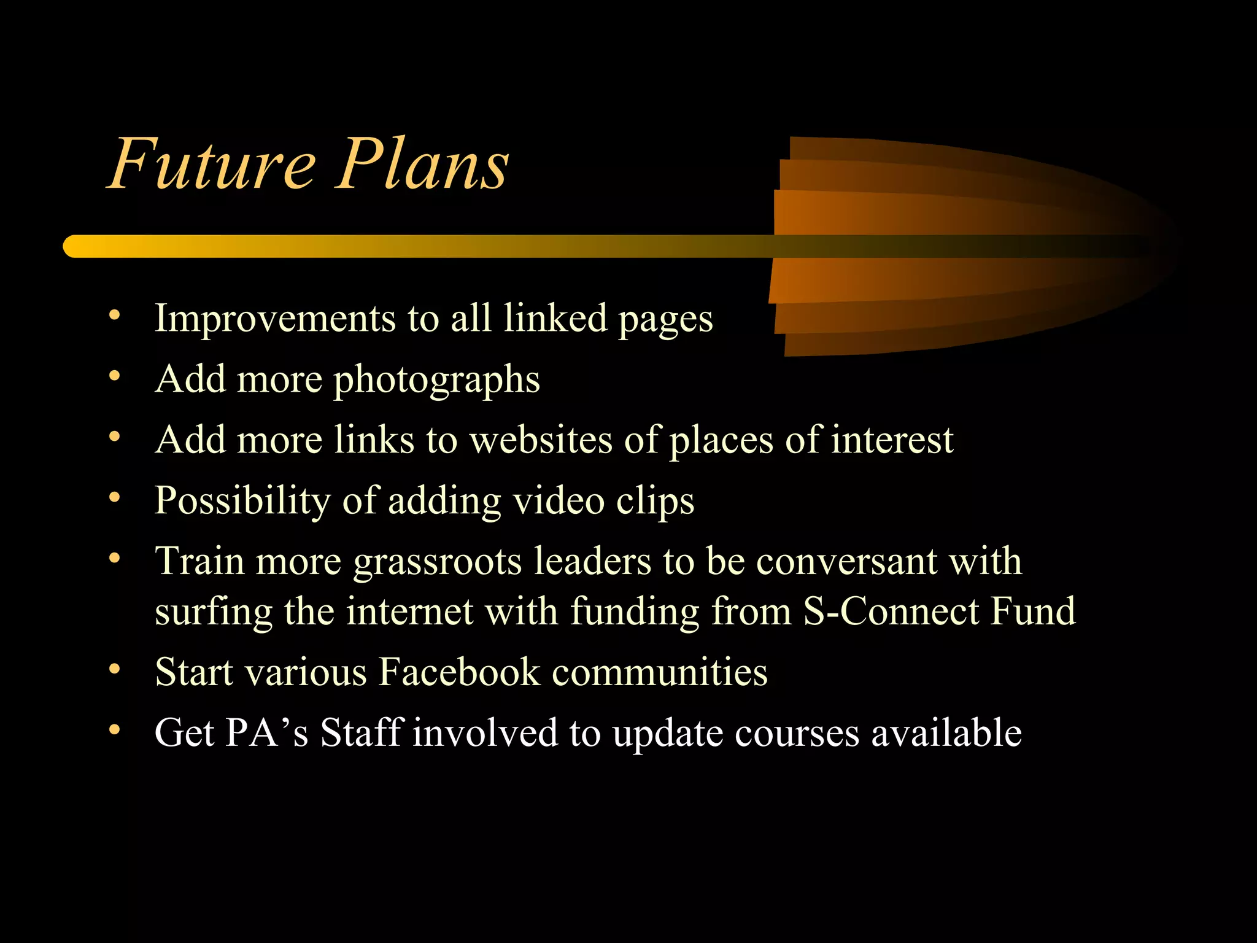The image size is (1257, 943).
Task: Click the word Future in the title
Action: pos(212,163)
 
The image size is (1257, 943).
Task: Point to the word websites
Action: pos(541,440)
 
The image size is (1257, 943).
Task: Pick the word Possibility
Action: pos(242,501)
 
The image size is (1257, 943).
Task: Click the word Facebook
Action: pos(458,671)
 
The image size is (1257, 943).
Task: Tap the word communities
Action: pos(659,671)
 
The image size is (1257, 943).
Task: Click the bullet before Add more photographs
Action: pos(114,376)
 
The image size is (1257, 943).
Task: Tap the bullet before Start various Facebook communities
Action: pos(114,669)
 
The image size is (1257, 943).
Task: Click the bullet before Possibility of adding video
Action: pos(114,497)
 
